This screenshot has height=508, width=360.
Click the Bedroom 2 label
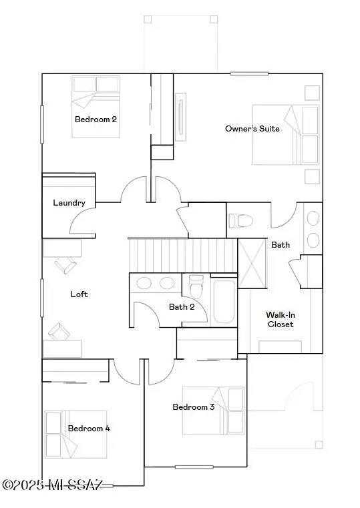(x=96, y=119)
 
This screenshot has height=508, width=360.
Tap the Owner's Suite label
(x=252, y=129)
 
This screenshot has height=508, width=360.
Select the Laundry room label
(x=69, y=203)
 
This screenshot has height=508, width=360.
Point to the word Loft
(x=79, y=294)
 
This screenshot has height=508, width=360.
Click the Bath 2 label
(x=182, y=306)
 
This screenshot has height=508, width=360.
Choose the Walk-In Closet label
(x=281, y=320)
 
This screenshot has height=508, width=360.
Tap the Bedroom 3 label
(x=194, y=407)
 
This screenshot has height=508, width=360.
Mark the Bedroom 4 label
(x=89, y=429)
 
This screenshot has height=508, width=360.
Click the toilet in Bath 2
(x=196, y=286)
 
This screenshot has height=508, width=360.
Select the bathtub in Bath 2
(x=224, y=302)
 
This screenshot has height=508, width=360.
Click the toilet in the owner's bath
(x=240, y=221)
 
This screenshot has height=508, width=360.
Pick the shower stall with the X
(x=252, y=264)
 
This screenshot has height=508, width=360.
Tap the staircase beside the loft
(x=183, y=255)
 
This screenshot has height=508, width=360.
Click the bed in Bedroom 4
(x=76, y=435)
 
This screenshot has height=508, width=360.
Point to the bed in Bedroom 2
(x=96, y=107)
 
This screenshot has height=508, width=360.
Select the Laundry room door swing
(x=83, y=221)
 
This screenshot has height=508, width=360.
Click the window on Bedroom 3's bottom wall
(x=194, y=467)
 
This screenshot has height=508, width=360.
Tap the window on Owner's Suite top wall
(x=249, y=73)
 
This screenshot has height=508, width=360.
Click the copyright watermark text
(x=53, y=485)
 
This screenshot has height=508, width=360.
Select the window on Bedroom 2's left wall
(x=42, y=124)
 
